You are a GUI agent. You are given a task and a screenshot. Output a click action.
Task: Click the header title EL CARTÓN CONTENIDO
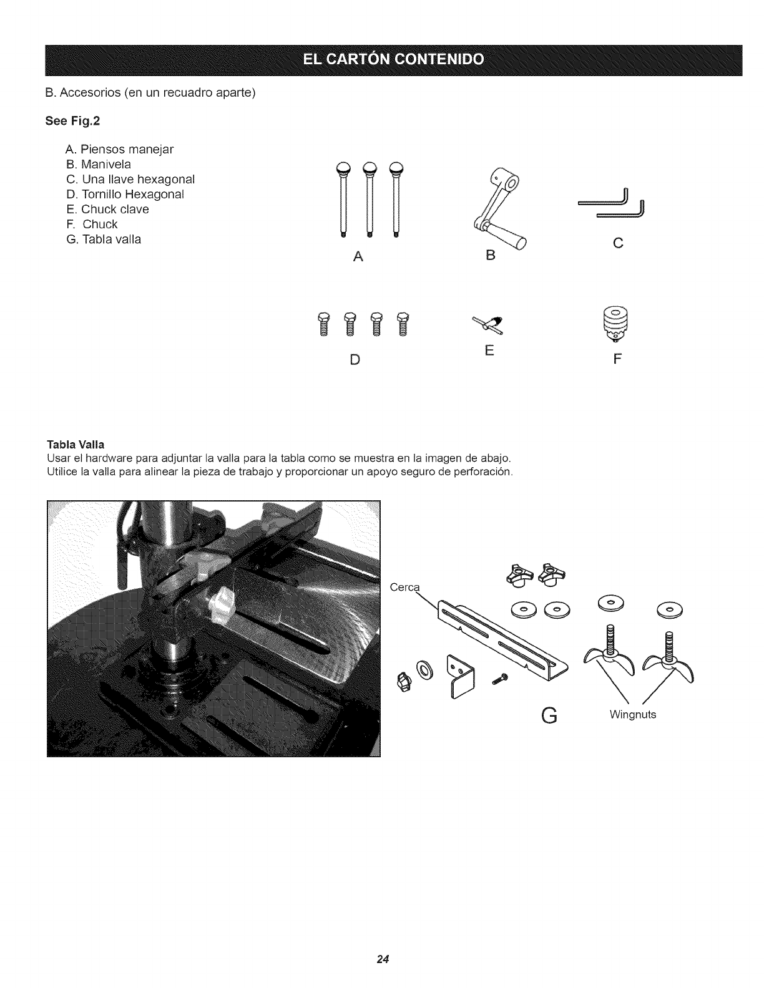click(x=393, y=60)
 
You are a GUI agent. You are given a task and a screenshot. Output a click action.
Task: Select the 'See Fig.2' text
click(x=73, y=122)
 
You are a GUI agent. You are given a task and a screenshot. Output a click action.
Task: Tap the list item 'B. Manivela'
click(x=98, y=165)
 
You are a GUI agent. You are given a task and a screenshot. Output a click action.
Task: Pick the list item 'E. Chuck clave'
click(x=107, y=210)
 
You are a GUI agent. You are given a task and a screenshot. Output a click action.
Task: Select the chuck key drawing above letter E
click(x=489, y=324)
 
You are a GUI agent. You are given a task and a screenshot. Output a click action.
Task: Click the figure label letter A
click(x=357, y=256)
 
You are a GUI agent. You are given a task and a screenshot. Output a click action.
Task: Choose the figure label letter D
click(x=355, y=361)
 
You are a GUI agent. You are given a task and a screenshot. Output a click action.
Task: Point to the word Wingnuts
click(x=632, y=715)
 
